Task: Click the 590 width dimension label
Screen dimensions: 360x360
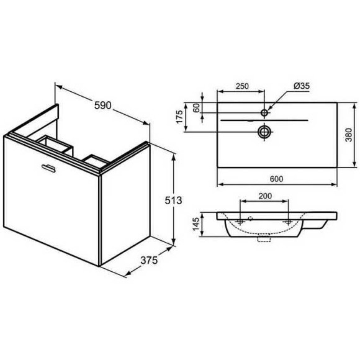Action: click(x=102, y=105)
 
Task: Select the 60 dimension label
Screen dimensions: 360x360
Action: click(x=197, y=107)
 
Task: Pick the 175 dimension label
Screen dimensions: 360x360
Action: click(x=179, y=118)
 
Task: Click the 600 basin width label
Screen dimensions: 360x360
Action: click(x=276, y=179)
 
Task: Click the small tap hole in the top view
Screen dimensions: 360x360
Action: click(x=264, y=112)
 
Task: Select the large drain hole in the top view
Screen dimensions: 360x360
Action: click(x=264, y=131)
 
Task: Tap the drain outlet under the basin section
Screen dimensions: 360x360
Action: click(x=265, y=238)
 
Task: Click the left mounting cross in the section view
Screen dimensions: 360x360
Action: click(x=240, y=222)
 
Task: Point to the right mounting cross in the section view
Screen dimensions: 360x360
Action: click(x=289, y=222)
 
